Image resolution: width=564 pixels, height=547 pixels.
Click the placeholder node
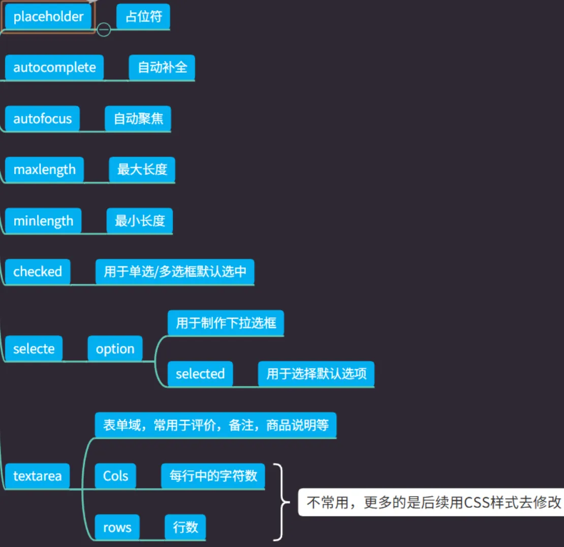coord(48,17)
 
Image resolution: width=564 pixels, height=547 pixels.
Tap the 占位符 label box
coord(143,17)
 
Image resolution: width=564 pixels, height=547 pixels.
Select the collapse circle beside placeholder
coord(104,29)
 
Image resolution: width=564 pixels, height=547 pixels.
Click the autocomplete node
coord(54,68)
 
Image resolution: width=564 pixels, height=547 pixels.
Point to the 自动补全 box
coord(162,68)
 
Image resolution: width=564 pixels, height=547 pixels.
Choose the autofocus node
coord(42,119)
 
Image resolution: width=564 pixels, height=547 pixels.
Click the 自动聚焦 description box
coord(138,119)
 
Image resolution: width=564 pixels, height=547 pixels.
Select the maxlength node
coord(44,170)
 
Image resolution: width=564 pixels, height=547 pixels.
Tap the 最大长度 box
coord(142,170)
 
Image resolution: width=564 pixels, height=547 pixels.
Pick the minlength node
coord(43,221)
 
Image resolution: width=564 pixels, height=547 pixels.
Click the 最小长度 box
coord(140,221)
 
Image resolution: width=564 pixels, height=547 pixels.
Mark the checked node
coord(38,271)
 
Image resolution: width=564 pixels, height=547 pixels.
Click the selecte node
coord(34,349)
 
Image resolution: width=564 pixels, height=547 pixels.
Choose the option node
coord(115,349)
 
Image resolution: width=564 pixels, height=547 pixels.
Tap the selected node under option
coord(200,374)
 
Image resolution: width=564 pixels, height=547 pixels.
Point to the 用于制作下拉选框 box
coord(226,323)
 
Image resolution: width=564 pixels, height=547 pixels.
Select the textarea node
coord(37,476)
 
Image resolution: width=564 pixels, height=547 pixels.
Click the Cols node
coord(116,476)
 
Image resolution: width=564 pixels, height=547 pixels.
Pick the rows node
coord(117,527)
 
